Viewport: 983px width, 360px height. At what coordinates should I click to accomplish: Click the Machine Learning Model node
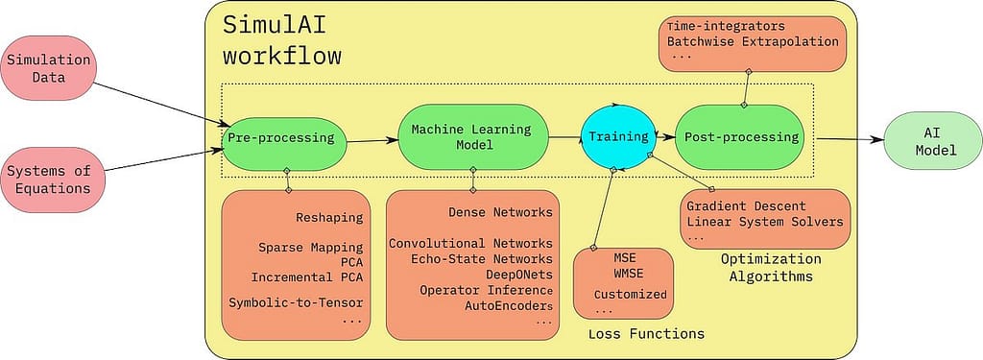(x=472, y=136)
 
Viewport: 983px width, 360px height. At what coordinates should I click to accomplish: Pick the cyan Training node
(x=618, y=137)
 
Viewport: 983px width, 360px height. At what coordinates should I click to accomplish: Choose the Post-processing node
(x=741, y=137)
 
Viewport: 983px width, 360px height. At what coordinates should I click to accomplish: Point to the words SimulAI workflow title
(x=282, y=39)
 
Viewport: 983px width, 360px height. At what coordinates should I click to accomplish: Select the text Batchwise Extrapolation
(x=750, y=41)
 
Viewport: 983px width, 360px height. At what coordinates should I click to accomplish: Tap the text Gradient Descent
(x=747, y=205)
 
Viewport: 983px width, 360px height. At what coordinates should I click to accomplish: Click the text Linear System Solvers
(x=765, y=222)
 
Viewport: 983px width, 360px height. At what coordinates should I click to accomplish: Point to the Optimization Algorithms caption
(x=771, y=267)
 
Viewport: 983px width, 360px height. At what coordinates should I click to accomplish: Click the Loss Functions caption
(x=646, y=333)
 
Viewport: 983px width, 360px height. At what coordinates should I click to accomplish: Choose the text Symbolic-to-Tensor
(x=295, y=302)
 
